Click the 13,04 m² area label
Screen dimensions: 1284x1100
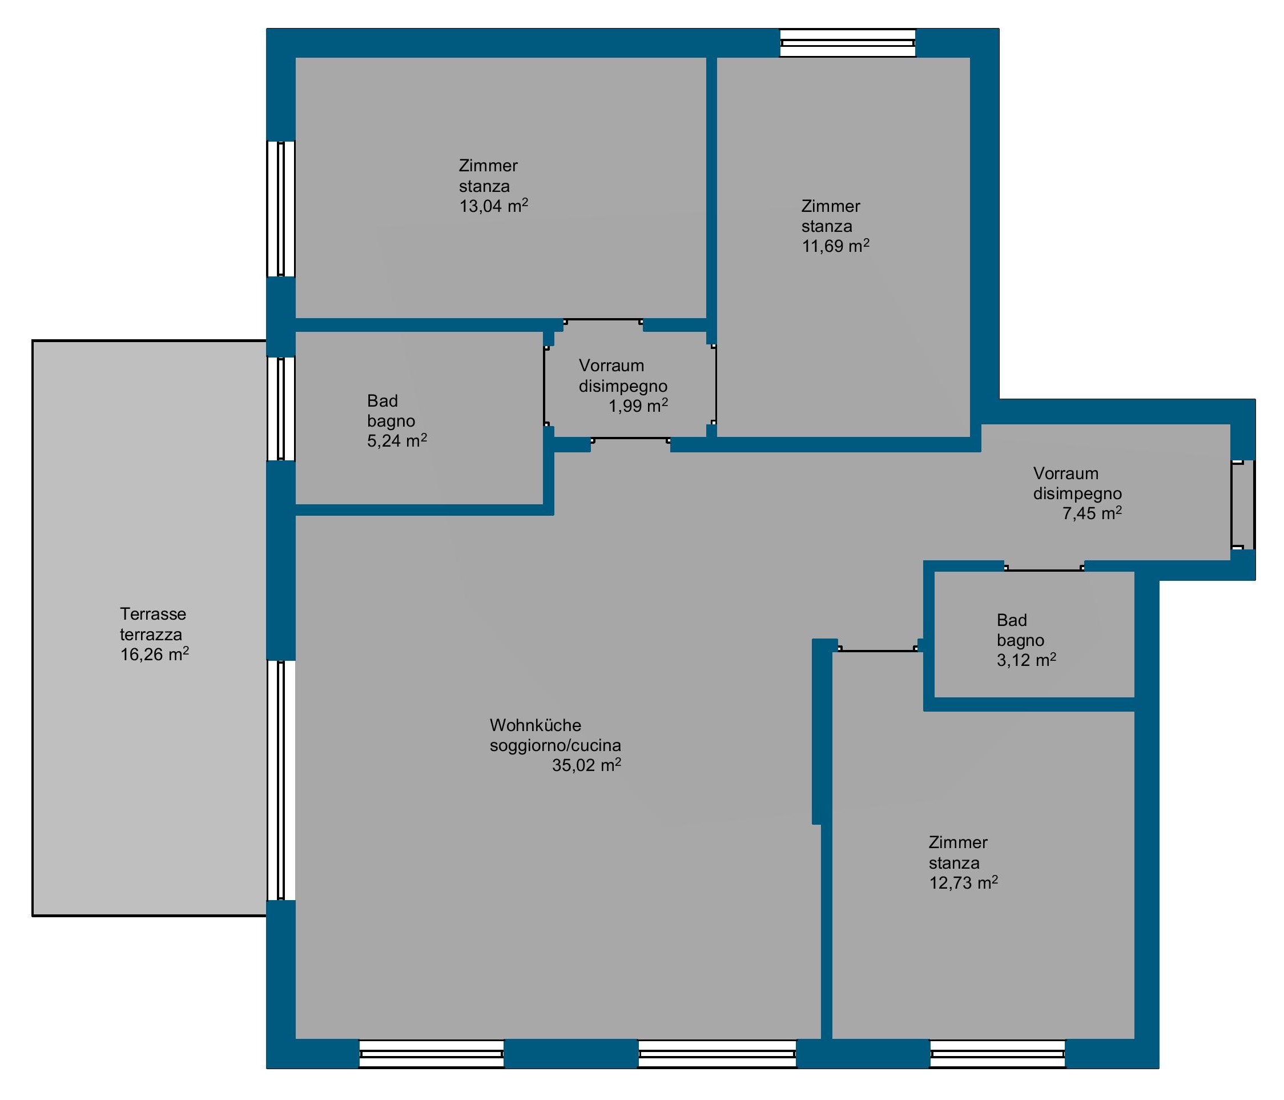[x=493, y=206]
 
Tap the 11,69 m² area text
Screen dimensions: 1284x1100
[x=835, y=246]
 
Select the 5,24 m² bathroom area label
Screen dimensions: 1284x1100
[x=397, y=441]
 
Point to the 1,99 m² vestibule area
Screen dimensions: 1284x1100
[x=638, y=406]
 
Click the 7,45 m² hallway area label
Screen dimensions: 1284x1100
[x=1092, y=513]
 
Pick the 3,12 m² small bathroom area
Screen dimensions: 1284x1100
[x=1026, y=660]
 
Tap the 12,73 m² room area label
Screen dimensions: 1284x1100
[x=963, y=883]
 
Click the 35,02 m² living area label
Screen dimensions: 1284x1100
[x=586, y=765]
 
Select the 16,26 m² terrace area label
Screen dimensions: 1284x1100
[x=154, y=655]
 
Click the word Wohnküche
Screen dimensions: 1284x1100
[x=536, y=725]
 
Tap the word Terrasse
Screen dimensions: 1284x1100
[x=153, y=614]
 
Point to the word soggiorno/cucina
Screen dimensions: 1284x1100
[x=556, y=745]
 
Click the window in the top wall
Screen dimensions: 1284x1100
[x=848, y=43]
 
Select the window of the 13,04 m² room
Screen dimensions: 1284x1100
[x=281, y=208]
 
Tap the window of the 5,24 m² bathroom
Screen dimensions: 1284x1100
[x=281, y=408]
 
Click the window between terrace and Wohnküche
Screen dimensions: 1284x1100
[x=281, y=780]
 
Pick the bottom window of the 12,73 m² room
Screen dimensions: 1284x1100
[x=998, y=1054]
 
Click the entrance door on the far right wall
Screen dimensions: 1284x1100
[x=1243, y=505]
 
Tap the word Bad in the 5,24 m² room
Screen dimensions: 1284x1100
[x=383, y=400]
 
